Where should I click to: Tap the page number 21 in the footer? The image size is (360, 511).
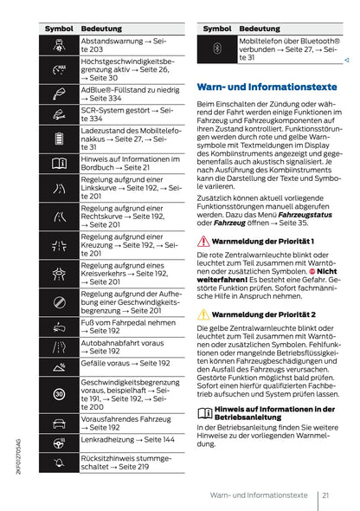pyautogui.click(x=325, y=495)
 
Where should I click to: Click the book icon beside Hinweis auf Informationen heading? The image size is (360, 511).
pyautogui.click(x=203, y=408)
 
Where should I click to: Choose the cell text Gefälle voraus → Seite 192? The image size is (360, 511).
pyautogui.click(x=125, y=364)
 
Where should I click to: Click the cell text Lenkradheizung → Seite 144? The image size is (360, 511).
pyautogui.click(x=127, y=440)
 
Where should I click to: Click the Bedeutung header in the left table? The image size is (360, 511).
pyautogui.click(x=101, y=29)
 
